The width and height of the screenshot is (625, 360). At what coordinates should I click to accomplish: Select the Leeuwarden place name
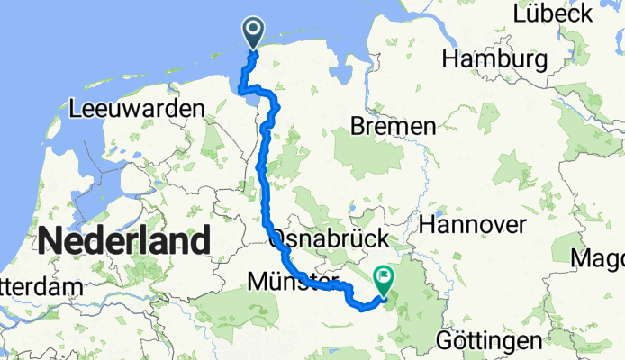(136, 109)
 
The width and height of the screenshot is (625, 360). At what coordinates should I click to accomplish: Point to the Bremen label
(394, 127)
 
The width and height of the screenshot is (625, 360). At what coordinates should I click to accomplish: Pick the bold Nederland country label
(124, 241)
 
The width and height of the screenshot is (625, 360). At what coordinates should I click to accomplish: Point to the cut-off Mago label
(602, 259)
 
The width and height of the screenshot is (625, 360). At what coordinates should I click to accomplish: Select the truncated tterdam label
(40, 287)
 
